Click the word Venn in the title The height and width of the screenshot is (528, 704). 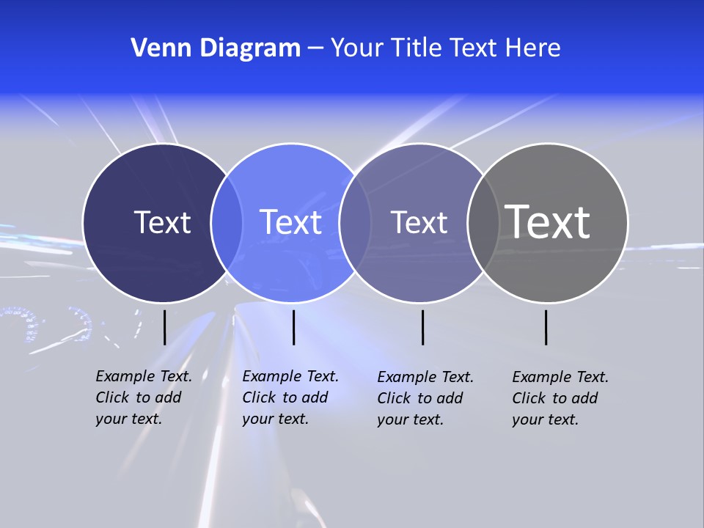pyautogui.click(x=154, y=48)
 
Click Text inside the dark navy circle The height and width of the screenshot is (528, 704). pyautogui.click(x=162, y=222)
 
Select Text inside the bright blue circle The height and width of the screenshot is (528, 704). pyautogui.click(x=290, y=222)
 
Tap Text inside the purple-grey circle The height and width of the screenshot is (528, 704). pyautogui.click(x=419, y=222)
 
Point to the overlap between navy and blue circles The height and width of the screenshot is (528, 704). pyautogui.click(x=227, y=222)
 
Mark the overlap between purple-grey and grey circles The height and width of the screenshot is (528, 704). pyautogui.click(x=482, y=222)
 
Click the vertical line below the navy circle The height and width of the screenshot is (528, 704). pyautogui.click(x=165, y=327)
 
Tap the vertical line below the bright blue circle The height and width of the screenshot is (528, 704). pyautogui.click(x=293, y=327)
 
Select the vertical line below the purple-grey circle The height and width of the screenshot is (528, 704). pyautogui.click(x=423, y=327)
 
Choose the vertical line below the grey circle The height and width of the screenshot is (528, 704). pyautogui.click(x=546, y=327)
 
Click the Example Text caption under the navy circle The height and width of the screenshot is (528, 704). pyautogui.click(x=143, y=397)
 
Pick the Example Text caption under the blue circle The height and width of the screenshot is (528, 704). pyautogui.click(x=290, y=397)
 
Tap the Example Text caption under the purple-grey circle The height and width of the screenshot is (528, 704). pyautogui.click(x=425, y=398)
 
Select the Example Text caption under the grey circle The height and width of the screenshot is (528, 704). pyautogui.click(x=560, y=398)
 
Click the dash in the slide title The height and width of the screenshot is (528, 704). pyautogui.click(x=315, y=49)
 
